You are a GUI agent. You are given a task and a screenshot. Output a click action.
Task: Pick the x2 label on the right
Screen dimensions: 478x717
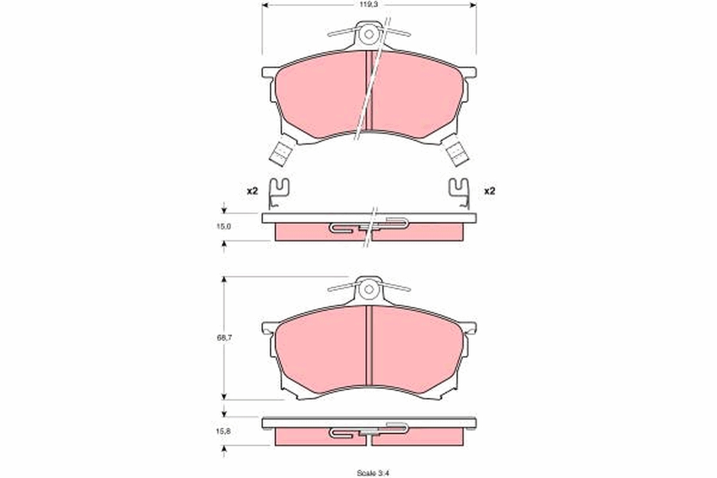pyautogui.click(x=489, y=191)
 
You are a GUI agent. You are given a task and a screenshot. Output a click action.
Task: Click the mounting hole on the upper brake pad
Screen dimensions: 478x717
pyautogui.click(x=369, y=34)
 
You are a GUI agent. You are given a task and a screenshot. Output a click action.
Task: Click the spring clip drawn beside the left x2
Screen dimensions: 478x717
pyautogui.click(x=278, y=193)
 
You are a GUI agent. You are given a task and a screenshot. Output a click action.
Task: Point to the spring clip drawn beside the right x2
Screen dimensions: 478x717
pyautogui.click(x=460, y=193)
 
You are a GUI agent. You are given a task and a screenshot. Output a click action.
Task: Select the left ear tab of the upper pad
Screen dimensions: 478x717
pyautogui.click(x=269, y=72)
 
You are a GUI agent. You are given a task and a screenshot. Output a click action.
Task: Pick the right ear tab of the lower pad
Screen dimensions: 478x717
pyautogui.click(x=470, y=327)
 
